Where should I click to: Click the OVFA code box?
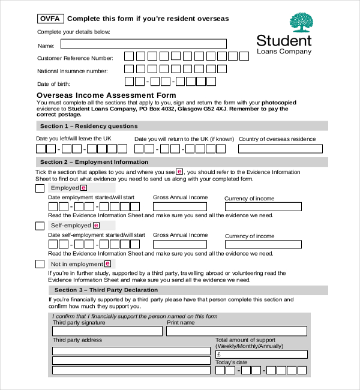50,19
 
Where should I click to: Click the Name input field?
143,44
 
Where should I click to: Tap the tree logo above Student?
301,22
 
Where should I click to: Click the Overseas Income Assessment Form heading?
106,95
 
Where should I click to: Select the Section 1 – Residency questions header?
88,126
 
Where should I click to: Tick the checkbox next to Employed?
40,188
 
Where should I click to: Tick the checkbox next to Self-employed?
40,226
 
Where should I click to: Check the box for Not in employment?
40,264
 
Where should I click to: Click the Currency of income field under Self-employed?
263,244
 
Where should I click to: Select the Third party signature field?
107,331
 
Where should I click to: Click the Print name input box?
236,331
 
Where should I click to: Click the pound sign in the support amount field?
220,355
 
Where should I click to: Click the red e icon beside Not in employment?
107,263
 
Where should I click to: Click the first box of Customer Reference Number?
129,56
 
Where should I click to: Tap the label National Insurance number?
73,71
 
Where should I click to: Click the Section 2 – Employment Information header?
94,162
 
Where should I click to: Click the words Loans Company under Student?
284,52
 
